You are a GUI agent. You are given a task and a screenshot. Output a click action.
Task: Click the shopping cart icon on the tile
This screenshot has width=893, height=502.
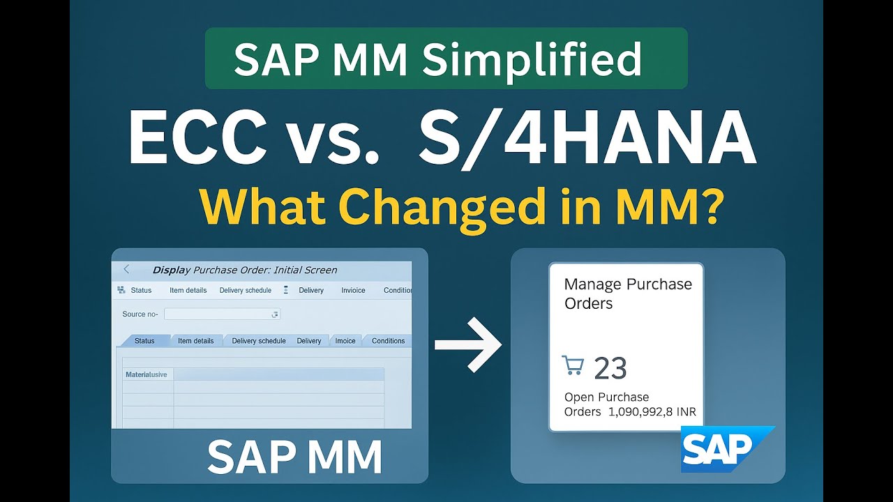coord(572,365)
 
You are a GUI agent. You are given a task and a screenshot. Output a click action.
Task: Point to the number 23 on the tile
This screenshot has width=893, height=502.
coord(610,368)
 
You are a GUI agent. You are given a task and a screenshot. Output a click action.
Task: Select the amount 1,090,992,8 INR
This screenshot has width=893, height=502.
coord(652,411)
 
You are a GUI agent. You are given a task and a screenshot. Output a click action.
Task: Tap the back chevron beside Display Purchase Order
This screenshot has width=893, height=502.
coord(126,269)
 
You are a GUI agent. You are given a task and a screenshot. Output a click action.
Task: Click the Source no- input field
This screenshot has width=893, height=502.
coord(222,314)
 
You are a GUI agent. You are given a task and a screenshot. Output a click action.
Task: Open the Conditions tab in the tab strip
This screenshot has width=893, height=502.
coord(388,341)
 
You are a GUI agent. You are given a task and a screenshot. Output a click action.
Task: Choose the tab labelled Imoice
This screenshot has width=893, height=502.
coord(345,341)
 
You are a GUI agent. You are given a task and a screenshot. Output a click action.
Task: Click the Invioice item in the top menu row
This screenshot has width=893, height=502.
coord(353,290)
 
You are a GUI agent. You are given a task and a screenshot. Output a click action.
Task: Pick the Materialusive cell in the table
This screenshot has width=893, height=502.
coord(147,374)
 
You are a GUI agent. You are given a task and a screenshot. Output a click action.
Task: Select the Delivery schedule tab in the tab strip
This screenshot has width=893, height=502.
coord(258,341)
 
